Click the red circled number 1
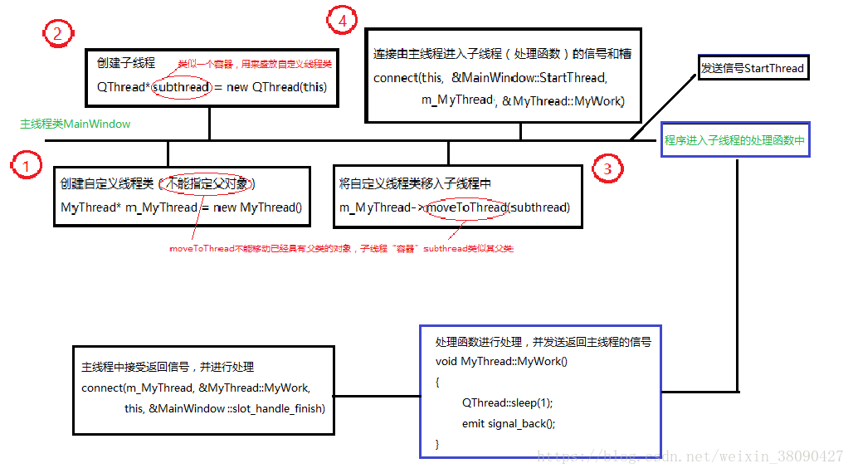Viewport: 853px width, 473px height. (x=27, y=166)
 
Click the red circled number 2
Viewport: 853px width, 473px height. (x=57, y=33)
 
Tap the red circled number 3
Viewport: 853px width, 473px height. (x=608, y=168)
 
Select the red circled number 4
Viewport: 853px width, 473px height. (x=342, y=21)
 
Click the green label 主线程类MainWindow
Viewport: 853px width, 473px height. (x=76, y=124)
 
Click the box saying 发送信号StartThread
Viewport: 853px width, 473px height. (x=753, y=68)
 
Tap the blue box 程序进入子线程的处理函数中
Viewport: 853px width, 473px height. (x=734, y=141)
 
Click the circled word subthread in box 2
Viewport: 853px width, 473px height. (x=181, y=87)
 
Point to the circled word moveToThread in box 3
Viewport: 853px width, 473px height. (x=466, y=207)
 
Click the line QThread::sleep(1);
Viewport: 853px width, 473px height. (x=507, y=402)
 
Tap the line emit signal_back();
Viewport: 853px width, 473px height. (x=509, y=423)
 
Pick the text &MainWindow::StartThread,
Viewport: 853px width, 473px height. (x=529, y=77)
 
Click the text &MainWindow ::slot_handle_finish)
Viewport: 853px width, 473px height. (x=236, y=408)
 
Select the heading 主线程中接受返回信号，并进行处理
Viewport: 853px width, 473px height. (x=168, y=367)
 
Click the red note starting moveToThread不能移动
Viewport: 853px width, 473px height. (x=341, y=248)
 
